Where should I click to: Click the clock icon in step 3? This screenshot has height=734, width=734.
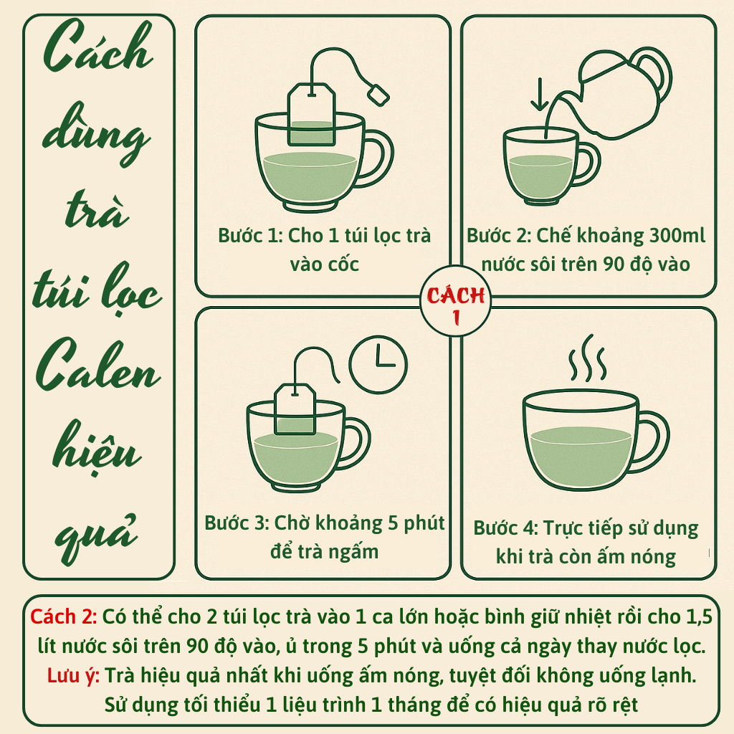[x=378, y=364]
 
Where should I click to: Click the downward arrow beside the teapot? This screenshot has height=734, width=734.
[x=540, y=95]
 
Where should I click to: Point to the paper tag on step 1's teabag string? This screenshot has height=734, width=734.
[x=378, y=95]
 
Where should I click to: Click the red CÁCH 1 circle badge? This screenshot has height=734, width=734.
[x=455, y=301]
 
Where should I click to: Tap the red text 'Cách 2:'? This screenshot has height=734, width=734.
[x=64, y=617]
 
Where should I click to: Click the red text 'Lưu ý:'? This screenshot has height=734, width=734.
[x=73, y=675]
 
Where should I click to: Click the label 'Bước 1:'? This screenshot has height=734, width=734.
[x=250, y=235]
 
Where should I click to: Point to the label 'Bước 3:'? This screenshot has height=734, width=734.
[x=237, y=523]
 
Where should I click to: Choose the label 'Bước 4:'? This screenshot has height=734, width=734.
[x=506, y=528]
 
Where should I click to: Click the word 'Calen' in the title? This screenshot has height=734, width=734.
[x=97, y=365]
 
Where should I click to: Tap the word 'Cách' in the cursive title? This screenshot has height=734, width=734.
[x=98, y=47]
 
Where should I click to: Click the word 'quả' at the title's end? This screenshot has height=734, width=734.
[x=96, y=538]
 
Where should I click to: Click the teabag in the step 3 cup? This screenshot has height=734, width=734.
[x=295, y=409]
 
